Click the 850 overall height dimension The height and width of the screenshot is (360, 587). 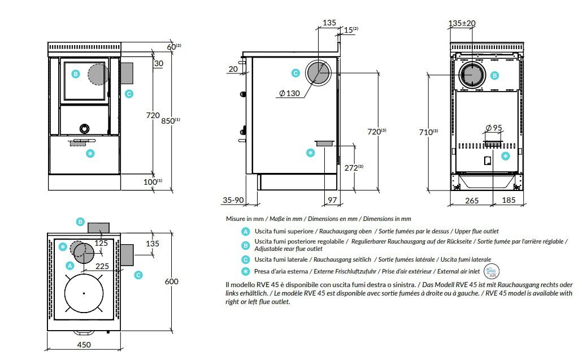click(169, 120)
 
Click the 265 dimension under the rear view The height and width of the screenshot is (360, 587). click(472, 201)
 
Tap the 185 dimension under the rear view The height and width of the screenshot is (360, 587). click(508, 201)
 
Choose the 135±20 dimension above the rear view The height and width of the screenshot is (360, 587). click(462, 23)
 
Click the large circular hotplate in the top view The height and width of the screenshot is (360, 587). click(83, 293)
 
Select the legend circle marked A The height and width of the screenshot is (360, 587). click(245, 231)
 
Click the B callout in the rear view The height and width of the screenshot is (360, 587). click(494, 75)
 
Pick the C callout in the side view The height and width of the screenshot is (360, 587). click(295, 72)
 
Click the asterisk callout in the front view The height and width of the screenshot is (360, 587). click(89, 153)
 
